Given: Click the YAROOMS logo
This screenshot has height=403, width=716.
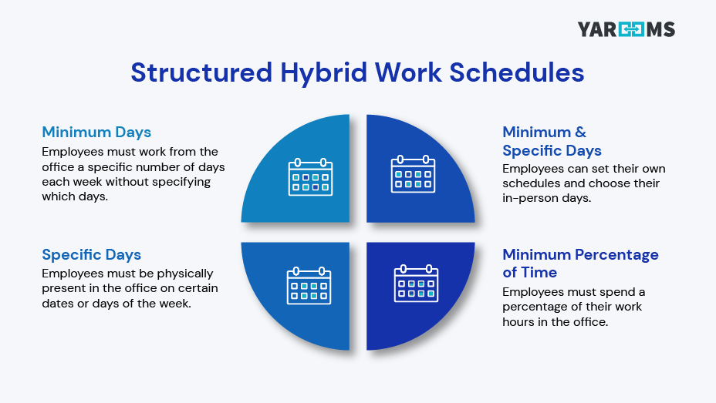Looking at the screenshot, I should tap(626, 30).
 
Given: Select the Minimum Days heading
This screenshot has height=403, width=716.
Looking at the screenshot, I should tap(96, 132).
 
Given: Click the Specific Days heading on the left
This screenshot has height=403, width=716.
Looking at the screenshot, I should tap(92, 255).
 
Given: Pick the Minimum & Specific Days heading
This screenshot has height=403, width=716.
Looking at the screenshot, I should tap(552, 141).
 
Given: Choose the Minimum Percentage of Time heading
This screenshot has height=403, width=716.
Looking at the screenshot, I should tap(580, 264).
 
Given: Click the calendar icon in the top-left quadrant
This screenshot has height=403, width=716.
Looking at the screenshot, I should tap(310, 176).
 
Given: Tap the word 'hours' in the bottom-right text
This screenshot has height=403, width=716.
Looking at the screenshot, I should tap(520, 322).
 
